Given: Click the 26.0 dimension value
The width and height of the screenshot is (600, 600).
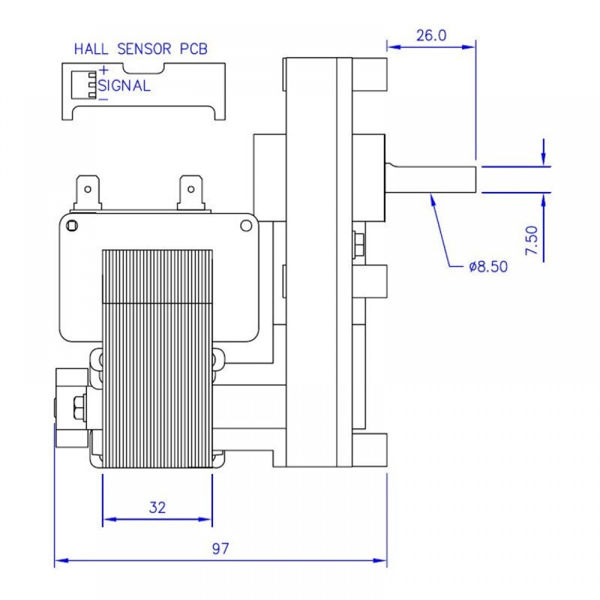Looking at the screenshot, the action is point(431,35).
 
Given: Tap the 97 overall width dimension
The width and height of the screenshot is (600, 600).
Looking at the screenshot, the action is point(221,549).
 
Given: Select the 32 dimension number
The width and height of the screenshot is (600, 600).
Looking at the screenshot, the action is point(157,508).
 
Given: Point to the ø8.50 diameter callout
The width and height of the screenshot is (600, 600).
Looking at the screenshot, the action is point(488,266).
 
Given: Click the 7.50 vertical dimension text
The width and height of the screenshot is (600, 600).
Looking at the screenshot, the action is point(532,241).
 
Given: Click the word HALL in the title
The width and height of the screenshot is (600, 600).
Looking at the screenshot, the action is point(91,49).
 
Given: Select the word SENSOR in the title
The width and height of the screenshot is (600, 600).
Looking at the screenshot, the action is point(144,49).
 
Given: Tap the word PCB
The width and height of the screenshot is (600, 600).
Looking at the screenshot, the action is point(194,49).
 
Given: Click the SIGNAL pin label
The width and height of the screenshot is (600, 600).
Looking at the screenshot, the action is point(124,85).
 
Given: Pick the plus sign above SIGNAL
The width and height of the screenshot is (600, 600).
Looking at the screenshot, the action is point(103,70).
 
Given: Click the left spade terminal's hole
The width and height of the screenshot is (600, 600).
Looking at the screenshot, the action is point(88,189).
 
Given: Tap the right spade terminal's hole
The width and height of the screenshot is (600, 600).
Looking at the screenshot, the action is point(191,189).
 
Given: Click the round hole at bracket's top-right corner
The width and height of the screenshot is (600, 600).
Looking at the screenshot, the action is point(246,226).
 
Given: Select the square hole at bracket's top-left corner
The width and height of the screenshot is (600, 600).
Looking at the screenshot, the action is point(71,226).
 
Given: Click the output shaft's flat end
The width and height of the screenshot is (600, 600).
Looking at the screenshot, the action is point(476,179).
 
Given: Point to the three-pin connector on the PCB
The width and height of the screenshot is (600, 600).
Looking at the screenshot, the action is point(84,85).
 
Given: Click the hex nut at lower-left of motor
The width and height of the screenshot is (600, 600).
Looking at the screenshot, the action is point(79,407).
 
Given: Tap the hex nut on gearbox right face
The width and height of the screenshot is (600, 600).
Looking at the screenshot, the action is point(359,244).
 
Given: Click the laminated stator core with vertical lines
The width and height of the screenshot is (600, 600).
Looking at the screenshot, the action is point(157,359).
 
